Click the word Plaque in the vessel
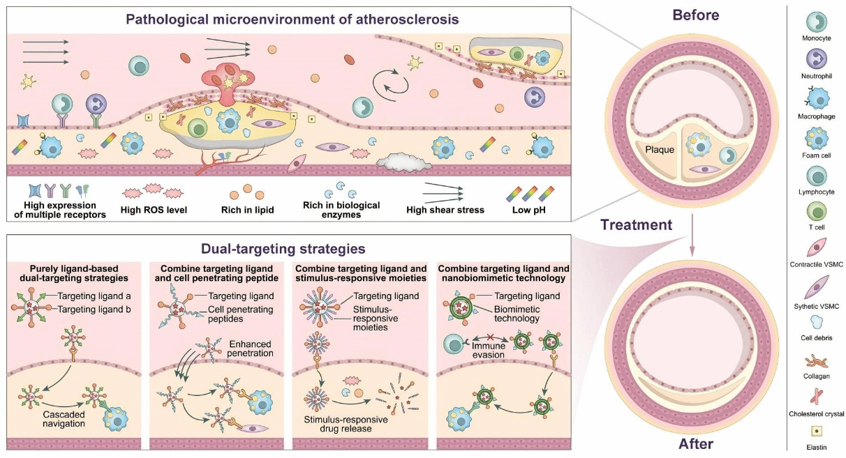coord(659,148)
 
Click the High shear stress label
coord(445,210)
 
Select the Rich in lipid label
coord(244,210)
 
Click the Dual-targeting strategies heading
coord(283,248)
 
